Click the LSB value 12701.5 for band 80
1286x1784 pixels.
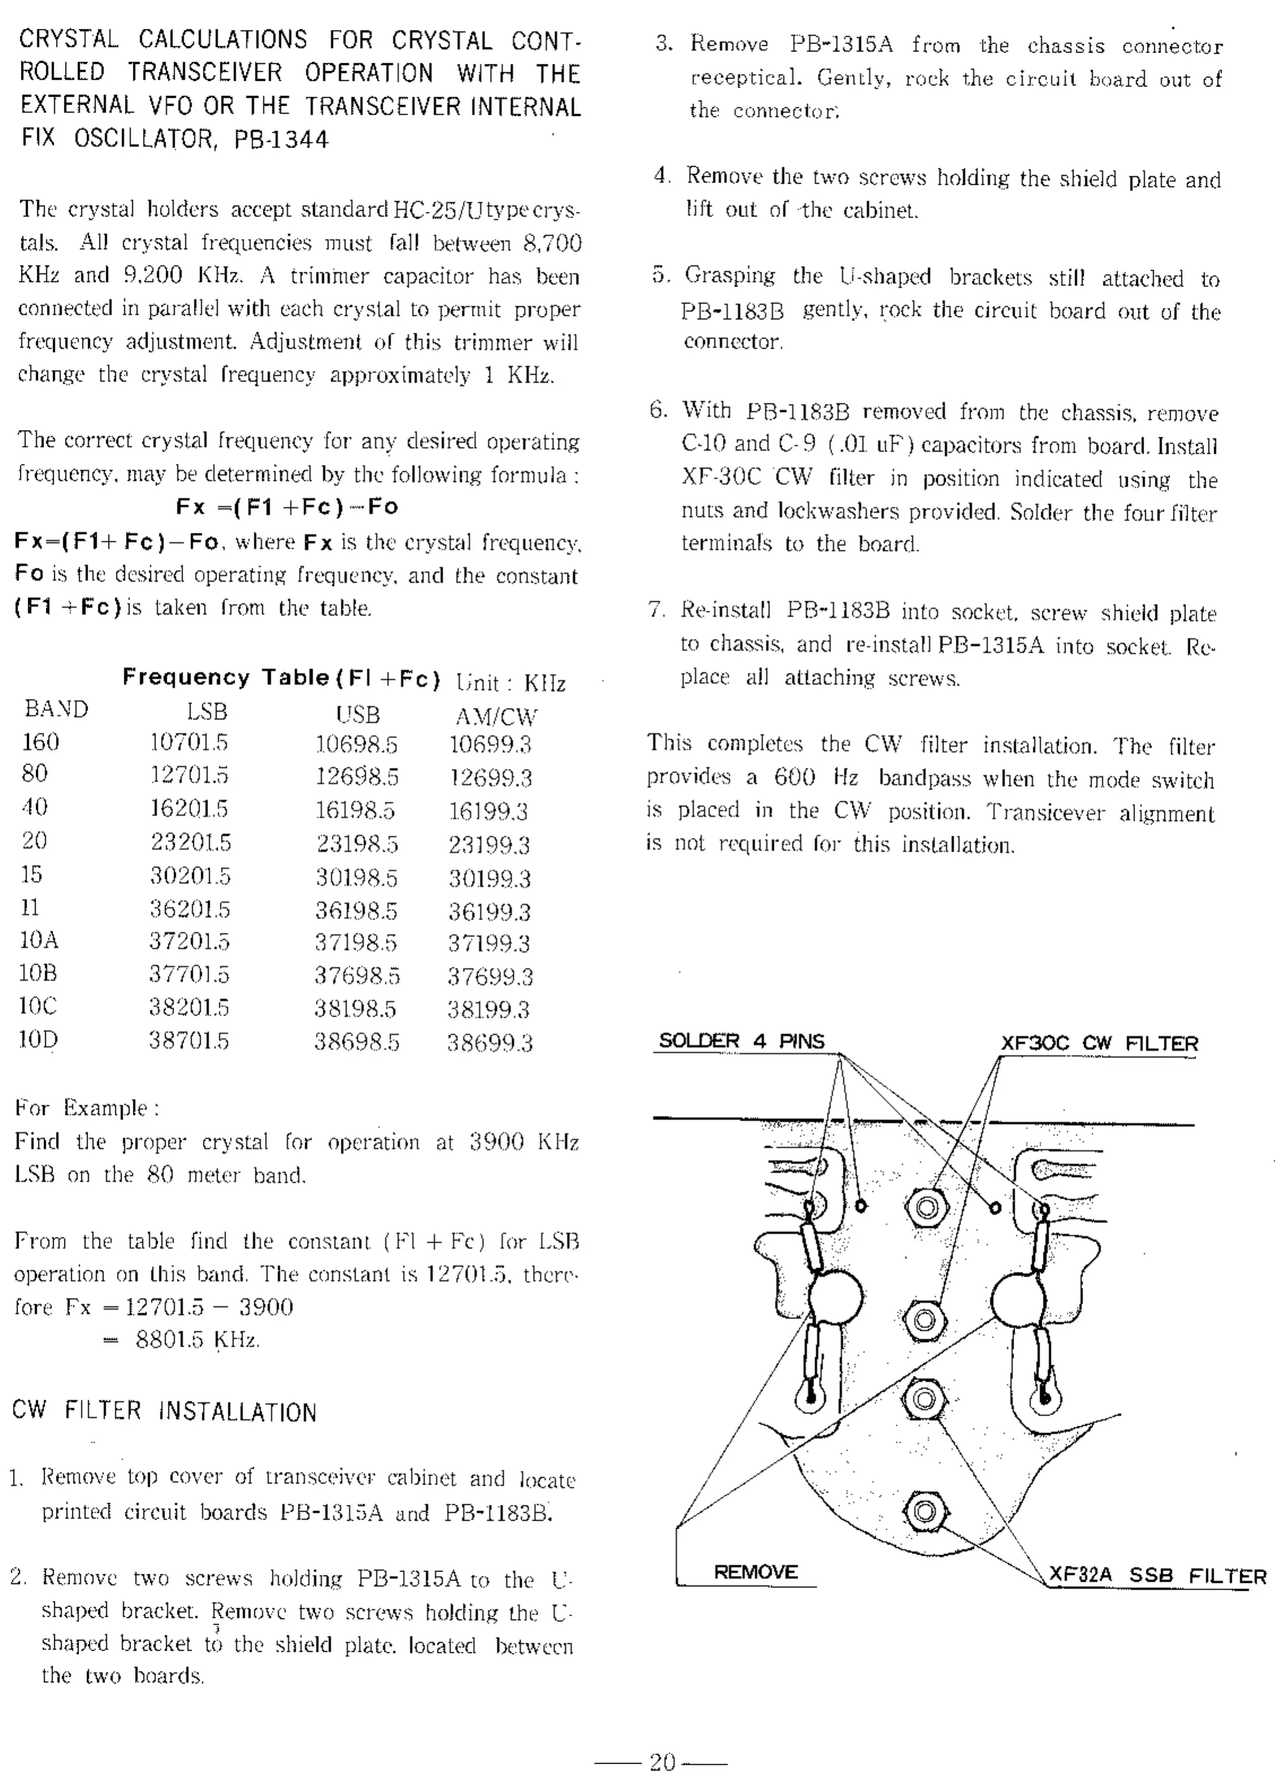tap(189, 776)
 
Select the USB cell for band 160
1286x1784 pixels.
tap(357, 744)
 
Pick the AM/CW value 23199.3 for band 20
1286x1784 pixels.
tap(489, 845)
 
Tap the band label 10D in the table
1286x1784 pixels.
tap(38, 1040)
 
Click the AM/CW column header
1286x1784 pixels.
tap(496, 716)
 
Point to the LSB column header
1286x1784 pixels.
tap(207, 712)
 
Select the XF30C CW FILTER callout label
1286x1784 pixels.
tap(1099, 1044)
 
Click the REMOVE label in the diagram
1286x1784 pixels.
tap(755, 1572)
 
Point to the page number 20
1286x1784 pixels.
tap(662, 1761)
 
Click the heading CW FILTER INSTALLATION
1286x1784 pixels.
tap(164, 1411)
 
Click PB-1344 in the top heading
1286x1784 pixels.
tap(281, 139)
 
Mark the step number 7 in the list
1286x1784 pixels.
tap(656, 610)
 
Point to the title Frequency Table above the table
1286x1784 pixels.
tap(225, 677)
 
